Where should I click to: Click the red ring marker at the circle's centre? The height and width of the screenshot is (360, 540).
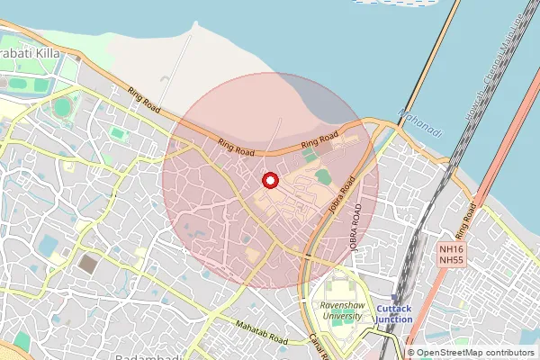pyautogui.click(x=269, y=181)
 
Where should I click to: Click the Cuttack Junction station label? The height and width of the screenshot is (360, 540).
pyautogui.click(x=394, y=313)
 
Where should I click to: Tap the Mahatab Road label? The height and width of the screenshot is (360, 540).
pyautogui.click(x=260, y=334)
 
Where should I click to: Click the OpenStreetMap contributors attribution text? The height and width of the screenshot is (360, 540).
pyautogui.click(x=476, y=353)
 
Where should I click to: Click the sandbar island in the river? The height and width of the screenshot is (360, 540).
pyautogui.click(x=396, y=3)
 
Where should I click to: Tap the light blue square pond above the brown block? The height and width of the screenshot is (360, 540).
pyautogui.click(x=48, y=244)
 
